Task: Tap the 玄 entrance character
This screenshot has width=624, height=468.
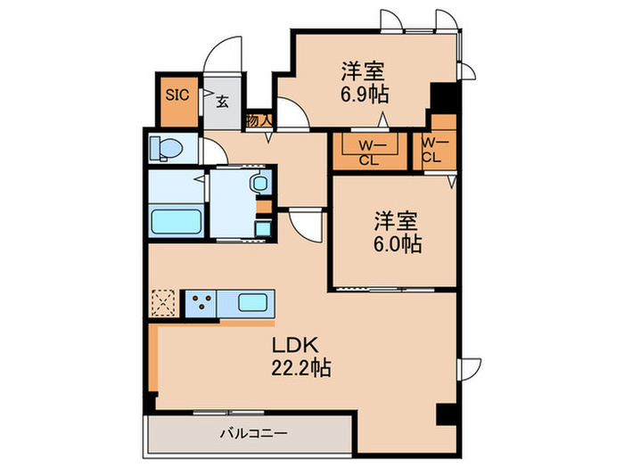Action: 221,101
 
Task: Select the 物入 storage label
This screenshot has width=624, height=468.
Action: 259,119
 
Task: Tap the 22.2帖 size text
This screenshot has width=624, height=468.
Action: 300,367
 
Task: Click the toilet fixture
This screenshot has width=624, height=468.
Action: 168,146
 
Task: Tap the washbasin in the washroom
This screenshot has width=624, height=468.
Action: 259,185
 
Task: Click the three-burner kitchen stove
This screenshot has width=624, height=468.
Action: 199,303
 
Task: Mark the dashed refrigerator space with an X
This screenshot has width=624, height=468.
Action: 164,303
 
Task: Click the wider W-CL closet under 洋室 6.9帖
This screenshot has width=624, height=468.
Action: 366,151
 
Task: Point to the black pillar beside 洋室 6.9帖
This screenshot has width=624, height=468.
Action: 440,95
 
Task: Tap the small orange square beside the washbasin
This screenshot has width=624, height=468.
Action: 261,207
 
